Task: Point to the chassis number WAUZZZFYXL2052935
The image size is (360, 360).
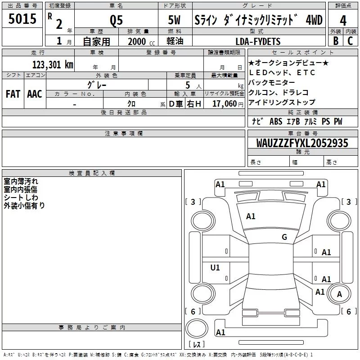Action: (x=302, y=143)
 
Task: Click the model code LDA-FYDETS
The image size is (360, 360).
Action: (x=258, y=41)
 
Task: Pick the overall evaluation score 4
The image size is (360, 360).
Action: (x=343, y=21)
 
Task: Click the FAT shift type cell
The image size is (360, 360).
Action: (x=13, y=94)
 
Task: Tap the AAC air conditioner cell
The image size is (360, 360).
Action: (x=34, y=94)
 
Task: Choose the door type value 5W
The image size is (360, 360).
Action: (x=175, y=21)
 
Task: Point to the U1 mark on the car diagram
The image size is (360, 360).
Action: (x=215, y=268)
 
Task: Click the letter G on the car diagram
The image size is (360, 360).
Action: (x=284, y=237)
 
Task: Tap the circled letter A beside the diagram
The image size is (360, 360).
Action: (x=339, y=294)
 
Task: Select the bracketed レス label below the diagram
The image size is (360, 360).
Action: (x=197, y=344)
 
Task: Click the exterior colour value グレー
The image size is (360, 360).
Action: (x=97, y=84)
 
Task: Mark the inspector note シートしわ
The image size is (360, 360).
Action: (x=21, y=198)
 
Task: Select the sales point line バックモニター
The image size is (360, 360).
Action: (x=272, y=82)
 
